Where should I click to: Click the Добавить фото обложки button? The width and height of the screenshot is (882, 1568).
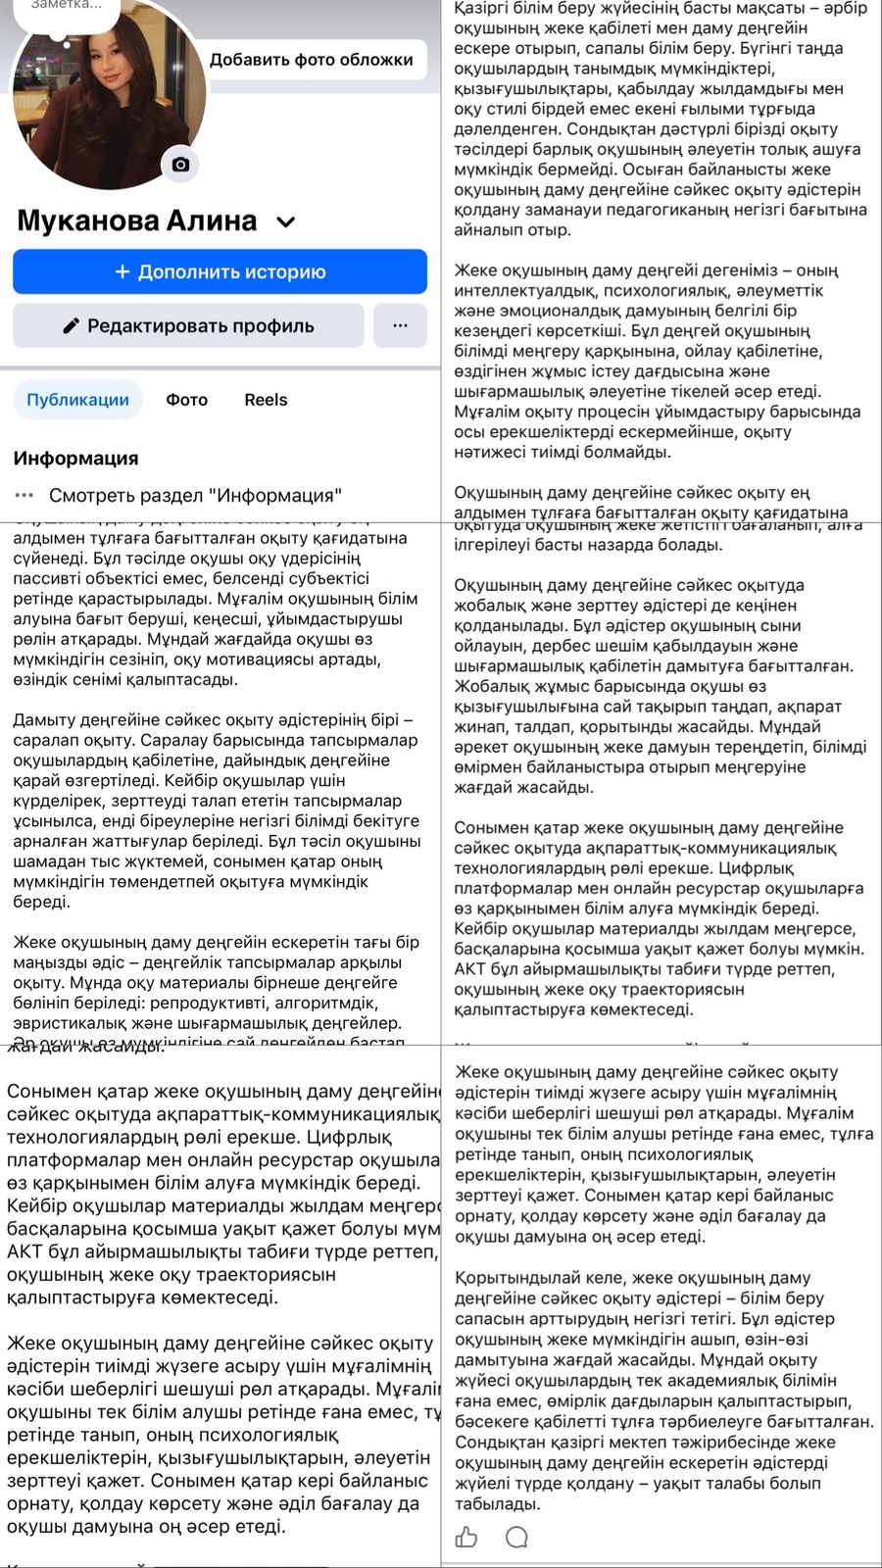point(311,60)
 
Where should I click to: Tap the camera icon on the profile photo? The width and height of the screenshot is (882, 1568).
point(180,164)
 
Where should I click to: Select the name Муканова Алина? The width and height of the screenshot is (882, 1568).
point(137,220)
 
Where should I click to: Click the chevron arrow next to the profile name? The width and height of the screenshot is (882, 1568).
point(286,222)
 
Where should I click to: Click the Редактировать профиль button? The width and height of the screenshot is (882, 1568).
point(188,325)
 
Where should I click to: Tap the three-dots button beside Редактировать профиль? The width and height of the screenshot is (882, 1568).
point(400,325)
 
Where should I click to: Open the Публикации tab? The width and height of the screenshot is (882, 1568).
point(77,400)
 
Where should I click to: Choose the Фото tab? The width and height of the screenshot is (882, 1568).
point(186,400)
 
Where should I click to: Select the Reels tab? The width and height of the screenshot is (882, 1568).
point(266,400)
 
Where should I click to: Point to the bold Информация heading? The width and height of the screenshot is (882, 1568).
point(75,458)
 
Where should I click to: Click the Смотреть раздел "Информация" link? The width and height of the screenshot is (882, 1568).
point(195,495)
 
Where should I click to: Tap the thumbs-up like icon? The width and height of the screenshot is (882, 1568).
point(466,1537)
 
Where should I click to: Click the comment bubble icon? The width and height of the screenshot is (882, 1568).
point(516,1537)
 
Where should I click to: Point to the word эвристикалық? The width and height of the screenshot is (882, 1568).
point(66,1023)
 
